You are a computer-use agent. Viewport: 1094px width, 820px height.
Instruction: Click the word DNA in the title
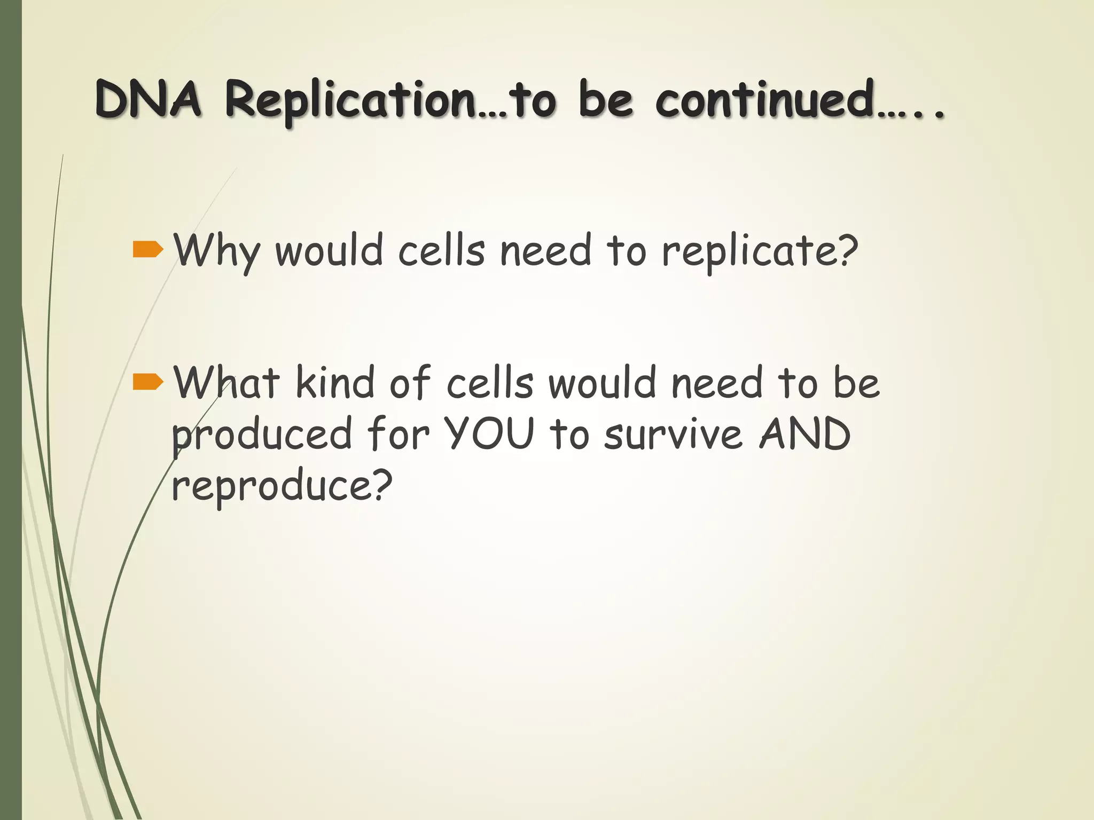(149, 100)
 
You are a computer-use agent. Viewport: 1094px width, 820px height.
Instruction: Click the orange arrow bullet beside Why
(147, 249)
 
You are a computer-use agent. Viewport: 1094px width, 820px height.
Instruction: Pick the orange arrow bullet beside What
(147, 382)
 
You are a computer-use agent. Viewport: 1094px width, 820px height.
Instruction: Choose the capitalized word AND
(805, 433)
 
